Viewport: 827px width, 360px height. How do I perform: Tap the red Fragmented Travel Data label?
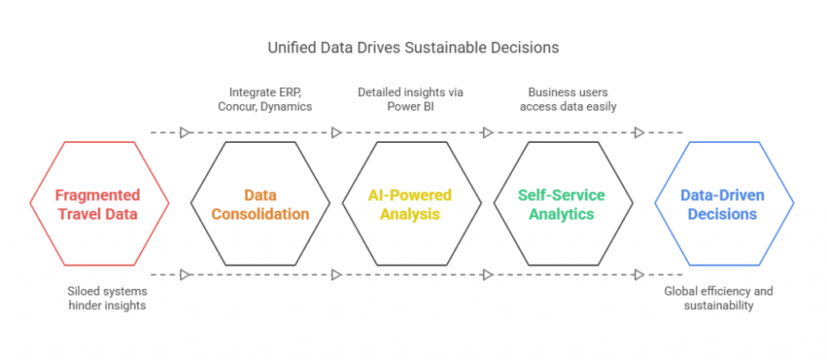[x=98, y=204]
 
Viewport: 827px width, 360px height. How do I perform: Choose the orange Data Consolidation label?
[x=260, y=204]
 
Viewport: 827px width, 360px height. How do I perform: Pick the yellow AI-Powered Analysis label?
[x=409, y=204]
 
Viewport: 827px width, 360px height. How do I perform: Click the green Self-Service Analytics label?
[x=561, y=204]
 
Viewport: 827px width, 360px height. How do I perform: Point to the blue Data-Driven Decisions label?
[x=722, y=204]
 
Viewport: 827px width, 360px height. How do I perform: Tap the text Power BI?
[x=409, y=107]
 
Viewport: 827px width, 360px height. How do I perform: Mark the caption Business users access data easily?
[x=568, y=99]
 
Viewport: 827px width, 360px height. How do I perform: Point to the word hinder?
[x=84, y=306]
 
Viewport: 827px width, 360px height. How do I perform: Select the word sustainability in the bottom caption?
[x=718, y=306]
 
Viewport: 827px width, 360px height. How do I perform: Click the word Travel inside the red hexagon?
[x=78, y=214]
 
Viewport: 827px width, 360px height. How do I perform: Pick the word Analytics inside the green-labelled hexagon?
[x=561, y=214]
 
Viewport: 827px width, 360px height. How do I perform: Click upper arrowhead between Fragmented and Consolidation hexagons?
[x=185, y=133]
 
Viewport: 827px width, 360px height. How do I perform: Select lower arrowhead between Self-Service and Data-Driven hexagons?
[x=640, y=274]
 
